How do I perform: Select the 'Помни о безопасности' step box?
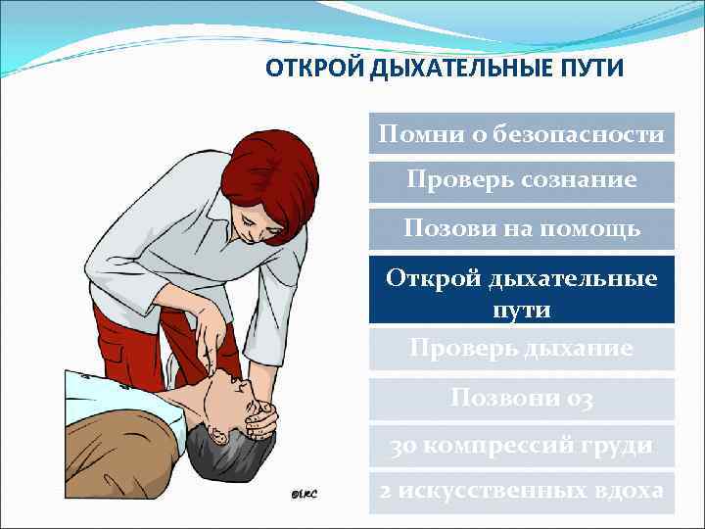click(x=522, y=133)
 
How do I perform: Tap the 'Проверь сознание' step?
click(x=522, y=181)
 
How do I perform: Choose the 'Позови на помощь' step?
click(x=522, y=229)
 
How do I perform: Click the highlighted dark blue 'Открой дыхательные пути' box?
click(x=522, y=291)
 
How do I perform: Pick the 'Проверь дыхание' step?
click(x=522, y=348)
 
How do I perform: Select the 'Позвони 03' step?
click(x=522, y=398)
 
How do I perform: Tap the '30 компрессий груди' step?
click(x=522, y=446)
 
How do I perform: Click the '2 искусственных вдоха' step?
click(x=522, y=491)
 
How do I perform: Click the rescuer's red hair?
click(x=264, y=176)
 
